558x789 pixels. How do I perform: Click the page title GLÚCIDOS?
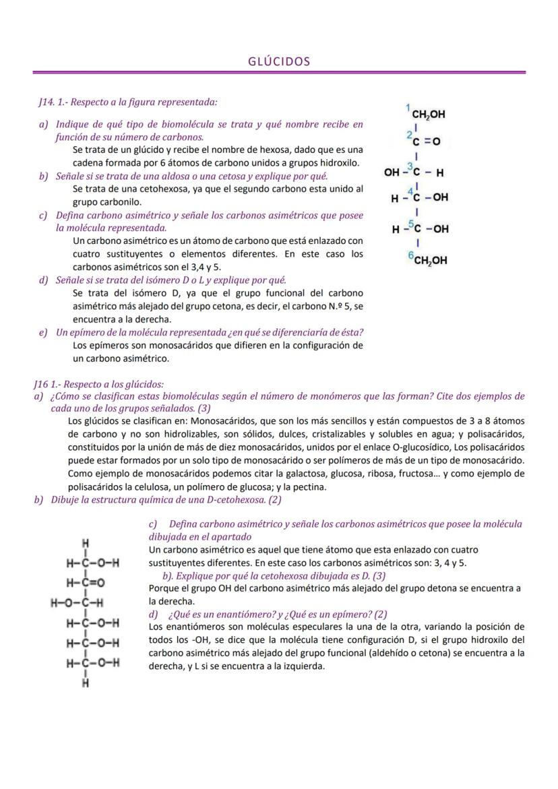point(279,61)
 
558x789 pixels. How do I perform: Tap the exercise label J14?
point(46,102)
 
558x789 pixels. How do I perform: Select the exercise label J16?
point(42,383)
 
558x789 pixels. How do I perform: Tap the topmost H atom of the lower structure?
point(86,543)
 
